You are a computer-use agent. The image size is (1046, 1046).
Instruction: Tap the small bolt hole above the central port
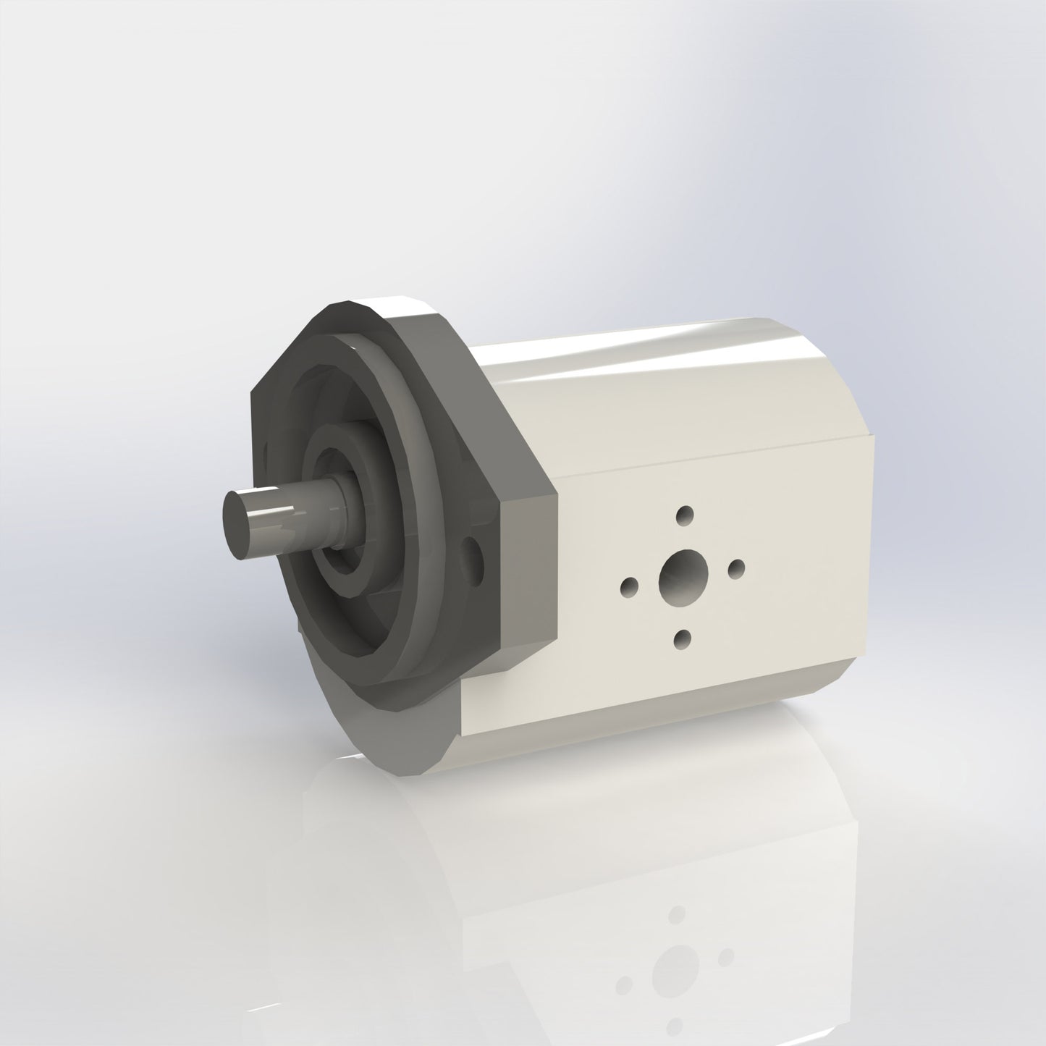click(683, 515)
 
